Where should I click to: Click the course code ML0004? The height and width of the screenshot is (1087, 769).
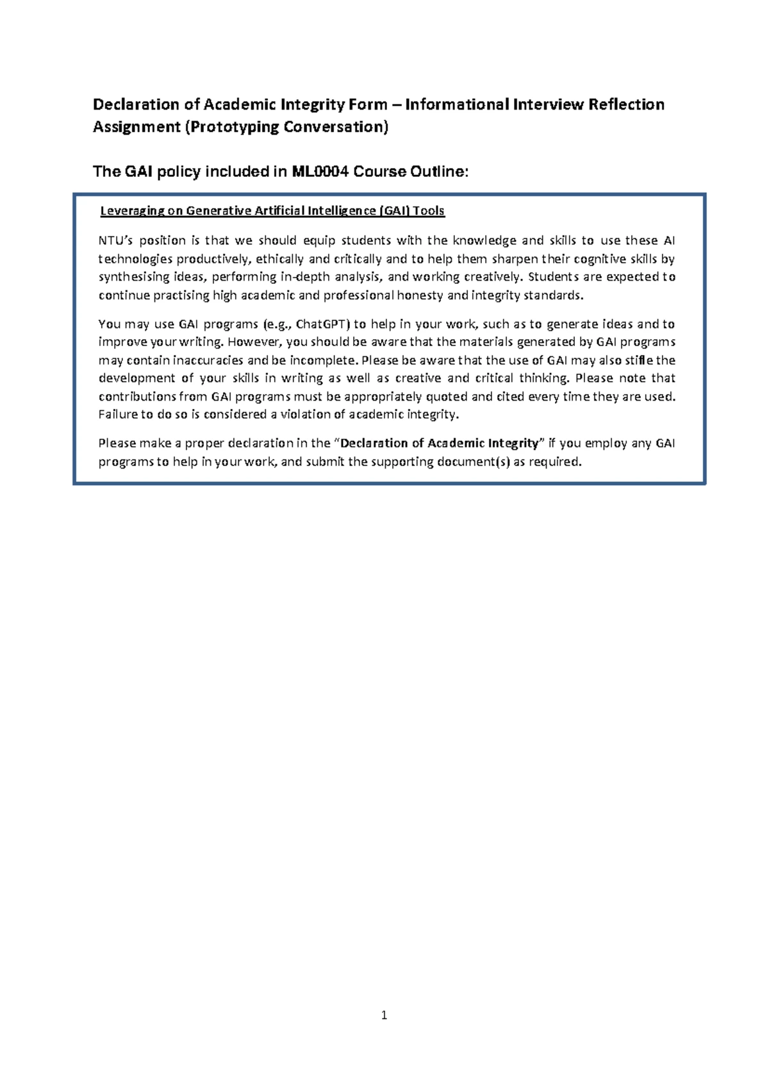point(320,172)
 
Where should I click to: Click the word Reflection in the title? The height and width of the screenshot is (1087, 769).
point(627,104)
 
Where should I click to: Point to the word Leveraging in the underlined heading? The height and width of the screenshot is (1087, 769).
point(133,211)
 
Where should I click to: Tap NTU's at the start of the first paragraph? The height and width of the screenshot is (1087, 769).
point(114,241)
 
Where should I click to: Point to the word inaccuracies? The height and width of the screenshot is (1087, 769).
point(208,360)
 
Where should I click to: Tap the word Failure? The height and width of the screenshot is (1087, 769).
point(117,415)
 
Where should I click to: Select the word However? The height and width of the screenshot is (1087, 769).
point(255,342)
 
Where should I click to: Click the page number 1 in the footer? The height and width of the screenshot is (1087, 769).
point(384,1015)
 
